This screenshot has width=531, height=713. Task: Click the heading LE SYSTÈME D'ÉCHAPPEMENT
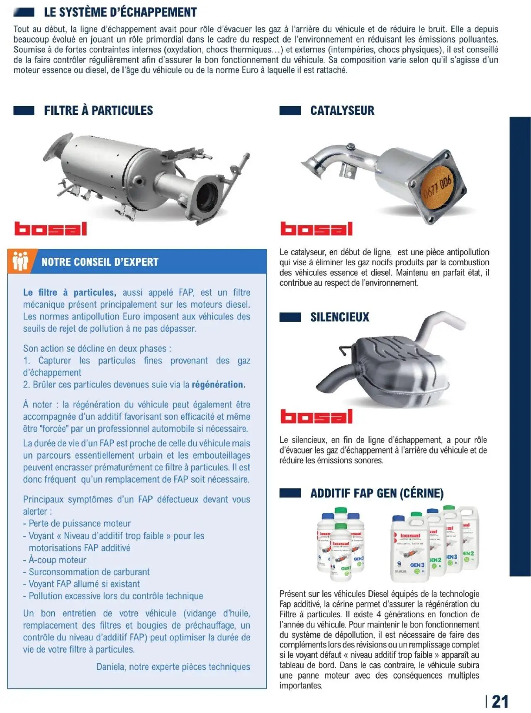coord(120,12)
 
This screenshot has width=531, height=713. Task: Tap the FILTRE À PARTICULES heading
coord(98,111)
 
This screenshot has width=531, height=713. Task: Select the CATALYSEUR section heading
coord(342,111)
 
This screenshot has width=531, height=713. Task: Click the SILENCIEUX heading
coord(339,317)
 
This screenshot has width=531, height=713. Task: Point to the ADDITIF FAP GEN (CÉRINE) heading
coord(377,493)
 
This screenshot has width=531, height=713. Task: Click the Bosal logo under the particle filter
coord(51,229)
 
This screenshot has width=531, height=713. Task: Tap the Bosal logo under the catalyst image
coord(316,229)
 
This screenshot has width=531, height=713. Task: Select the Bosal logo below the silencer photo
coord(316,417)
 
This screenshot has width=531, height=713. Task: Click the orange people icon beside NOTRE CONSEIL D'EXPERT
coord(20,261)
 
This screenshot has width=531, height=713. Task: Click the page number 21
coord(499,701)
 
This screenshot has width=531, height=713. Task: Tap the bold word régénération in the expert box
coord(218,385)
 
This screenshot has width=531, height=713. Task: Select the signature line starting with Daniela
coord(173,667)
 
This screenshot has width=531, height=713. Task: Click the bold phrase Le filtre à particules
coord(69,293)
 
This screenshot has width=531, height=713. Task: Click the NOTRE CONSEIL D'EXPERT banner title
coord(100,262)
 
